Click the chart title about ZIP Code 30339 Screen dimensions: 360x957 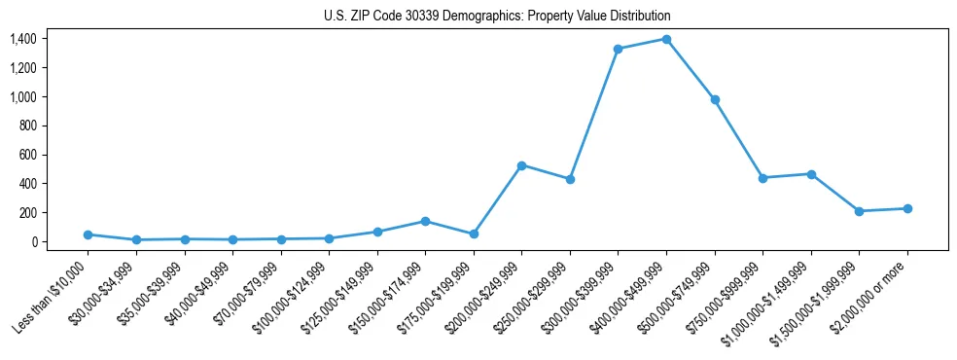point(497,17)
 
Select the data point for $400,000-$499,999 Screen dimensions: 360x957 point(666,39)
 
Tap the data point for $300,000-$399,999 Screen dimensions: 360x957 point(618,49)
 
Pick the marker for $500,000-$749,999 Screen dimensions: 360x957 point(715,99)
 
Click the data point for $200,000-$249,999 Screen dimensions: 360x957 point(521,165)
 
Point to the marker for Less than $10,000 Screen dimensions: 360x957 point(88,234)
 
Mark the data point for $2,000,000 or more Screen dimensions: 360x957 point(907,208)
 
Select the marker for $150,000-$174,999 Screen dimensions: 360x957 point(425,221)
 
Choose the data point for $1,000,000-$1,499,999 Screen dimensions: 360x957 point(811,174)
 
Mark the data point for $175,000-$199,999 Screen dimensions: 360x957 point(474,234)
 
